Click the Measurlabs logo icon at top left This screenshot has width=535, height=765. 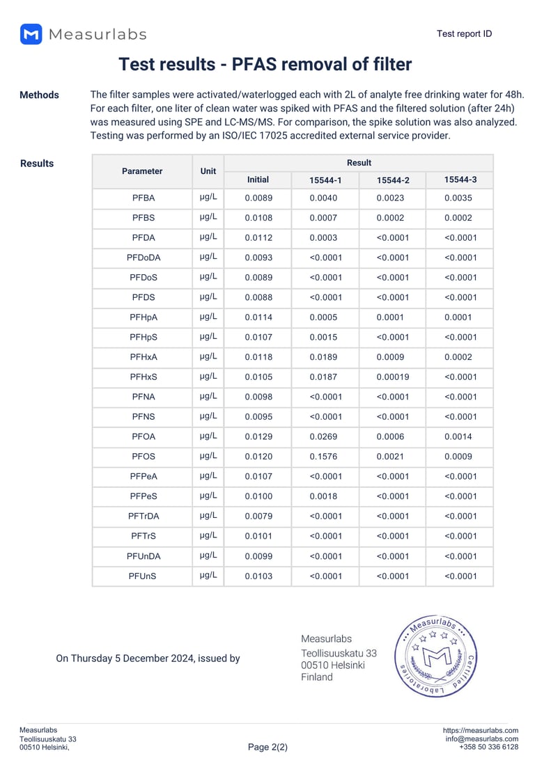click(31, 34)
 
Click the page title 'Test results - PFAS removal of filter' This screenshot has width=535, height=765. click(265, 65)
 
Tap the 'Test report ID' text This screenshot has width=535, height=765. click(464, 33)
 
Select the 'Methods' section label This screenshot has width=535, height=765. click(39, 95)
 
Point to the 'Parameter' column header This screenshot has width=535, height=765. click(142, 171)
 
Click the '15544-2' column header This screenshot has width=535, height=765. click(393, 180)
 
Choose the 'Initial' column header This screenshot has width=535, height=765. click(258, 180)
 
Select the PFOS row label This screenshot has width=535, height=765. click(143, 457)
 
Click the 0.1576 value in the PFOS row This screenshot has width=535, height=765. click(325, 457)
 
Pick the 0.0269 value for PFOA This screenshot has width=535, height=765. click(325, 437)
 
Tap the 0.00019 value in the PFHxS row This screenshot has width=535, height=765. click(393, 377)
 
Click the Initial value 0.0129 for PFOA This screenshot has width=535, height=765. click(258, 437)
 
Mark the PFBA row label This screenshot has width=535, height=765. click(143, 198)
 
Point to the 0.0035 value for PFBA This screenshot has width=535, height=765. click(459, 198)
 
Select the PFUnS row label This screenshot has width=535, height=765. click(143, 576)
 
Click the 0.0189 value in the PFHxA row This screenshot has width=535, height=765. click(325, 357)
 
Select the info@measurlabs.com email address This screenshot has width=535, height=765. click(481, 739)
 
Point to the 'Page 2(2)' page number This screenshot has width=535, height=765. click(267, 747)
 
